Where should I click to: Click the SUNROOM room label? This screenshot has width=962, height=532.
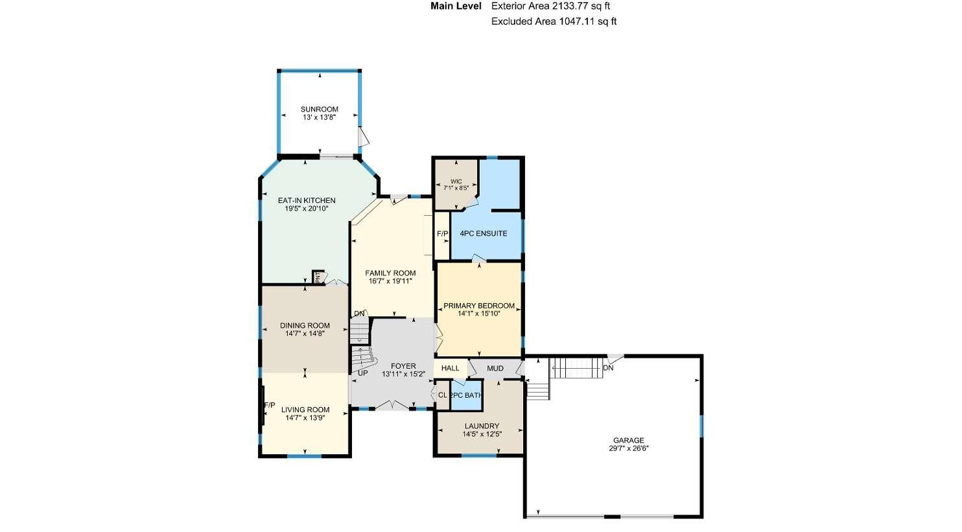pos(319,109)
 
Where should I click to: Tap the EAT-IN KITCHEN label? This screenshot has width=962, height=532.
pos(307,200)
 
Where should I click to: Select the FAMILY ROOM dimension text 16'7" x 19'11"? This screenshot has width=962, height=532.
pos(390,281)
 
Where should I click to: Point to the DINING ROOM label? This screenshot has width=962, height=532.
pos(305,325)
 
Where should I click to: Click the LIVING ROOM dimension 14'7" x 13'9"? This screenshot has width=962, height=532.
pos(305,417)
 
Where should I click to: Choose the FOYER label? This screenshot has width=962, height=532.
pos(403,366)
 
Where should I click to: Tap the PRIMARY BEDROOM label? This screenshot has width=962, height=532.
pos(479,306)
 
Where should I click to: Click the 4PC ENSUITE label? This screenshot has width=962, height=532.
pos(484,233)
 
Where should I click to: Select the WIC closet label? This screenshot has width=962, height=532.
pos(456,181)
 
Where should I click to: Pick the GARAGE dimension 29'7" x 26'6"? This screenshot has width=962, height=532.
pos(629,448)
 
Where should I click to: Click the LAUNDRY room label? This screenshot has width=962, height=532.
pos(482,426)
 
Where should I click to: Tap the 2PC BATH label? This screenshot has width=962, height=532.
pos(466,395)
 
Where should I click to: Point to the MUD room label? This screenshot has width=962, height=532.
pos(495,369)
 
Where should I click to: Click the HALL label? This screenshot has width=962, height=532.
pos(450,368)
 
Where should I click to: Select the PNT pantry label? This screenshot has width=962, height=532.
pos(318,277)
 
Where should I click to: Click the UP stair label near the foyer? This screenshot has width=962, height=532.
pos(363,373)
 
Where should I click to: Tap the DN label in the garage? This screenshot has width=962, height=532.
pos(608,368)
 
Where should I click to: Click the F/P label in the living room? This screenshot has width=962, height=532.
pos(270,406)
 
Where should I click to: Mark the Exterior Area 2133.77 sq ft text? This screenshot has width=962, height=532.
pos(550,6)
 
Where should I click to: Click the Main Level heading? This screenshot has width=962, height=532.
pos(456,6)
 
